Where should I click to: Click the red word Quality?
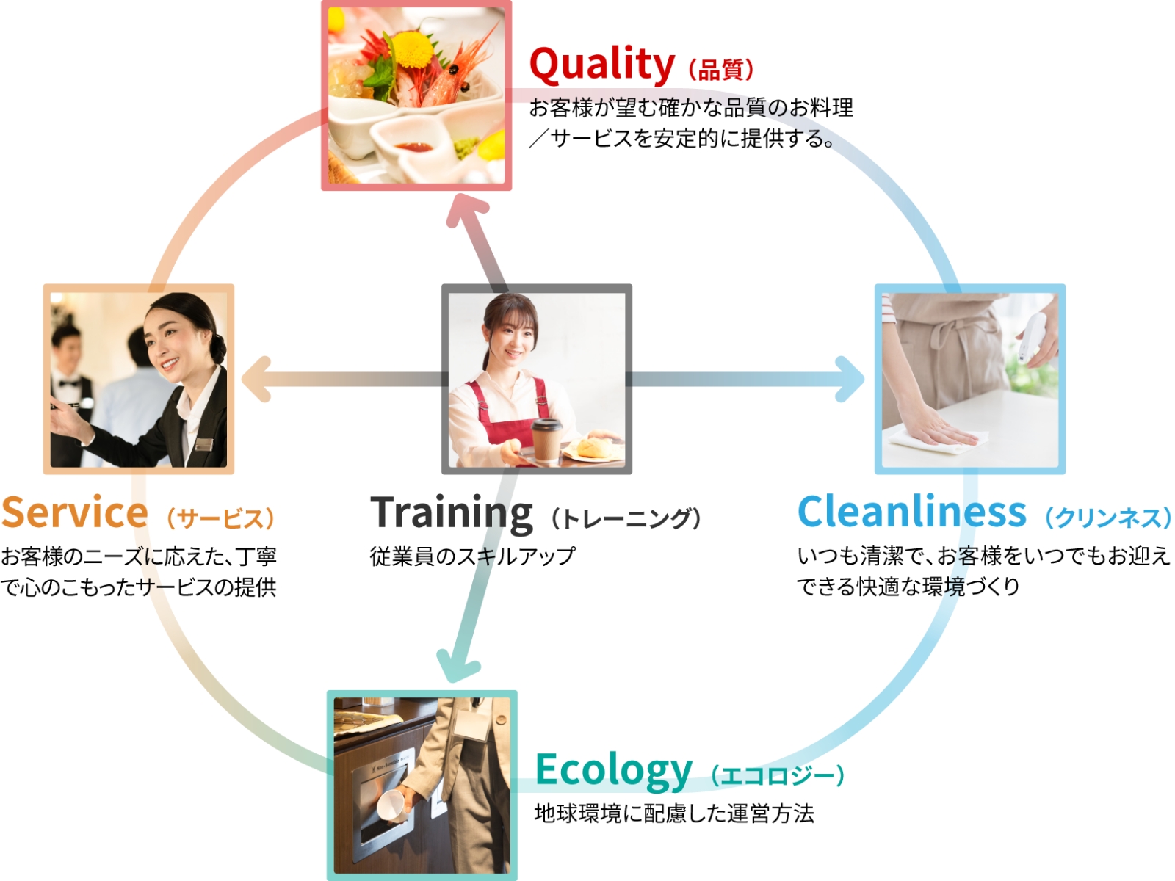pos(601,66)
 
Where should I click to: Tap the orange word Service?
pos(74,512)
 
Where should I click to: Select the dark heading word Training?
pos(451,514)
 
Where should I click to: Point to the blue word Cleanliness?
pos(911,512)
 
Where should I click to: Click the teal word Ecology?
pos(614,771)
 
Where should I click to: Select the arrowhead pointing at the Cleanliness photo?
pos(850,379)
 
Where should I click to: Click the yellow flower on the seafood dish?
pos(412,50)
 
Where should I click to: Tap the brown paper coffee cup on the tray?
pos(546,440)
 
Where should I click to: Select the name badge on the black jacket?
pos(204,443)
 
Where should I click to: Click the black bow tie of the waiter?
pos(68,383)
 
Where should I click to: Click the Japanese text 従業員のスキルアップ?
pos(472,556)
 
